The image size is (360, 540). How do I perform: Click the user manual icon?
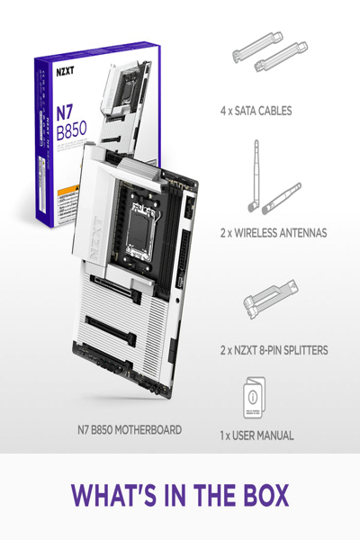[x=256, y=400]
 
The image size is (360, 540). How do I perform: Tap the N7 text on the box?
[x=62, y=112]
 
